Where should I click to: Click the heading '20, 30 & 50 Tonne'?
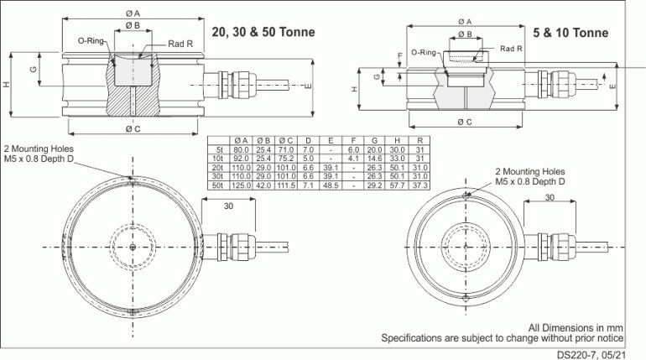click(263, 33)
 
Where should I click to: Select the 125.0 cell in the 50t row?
click(240, 184)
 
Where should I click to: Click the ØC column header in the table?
click(285, 138)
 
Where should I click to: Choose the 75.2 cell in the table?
click(285, 157)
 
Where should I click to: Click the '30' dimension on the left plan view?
click(229, 205)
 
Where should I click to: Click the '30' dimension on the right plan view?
click(550, 198)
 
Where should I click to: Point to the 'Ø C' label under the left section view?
click(133, 128)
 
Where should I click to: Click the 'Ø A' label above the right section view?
click(464, 22)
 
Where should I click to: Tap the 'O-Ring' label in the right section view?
click(424, 52)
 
